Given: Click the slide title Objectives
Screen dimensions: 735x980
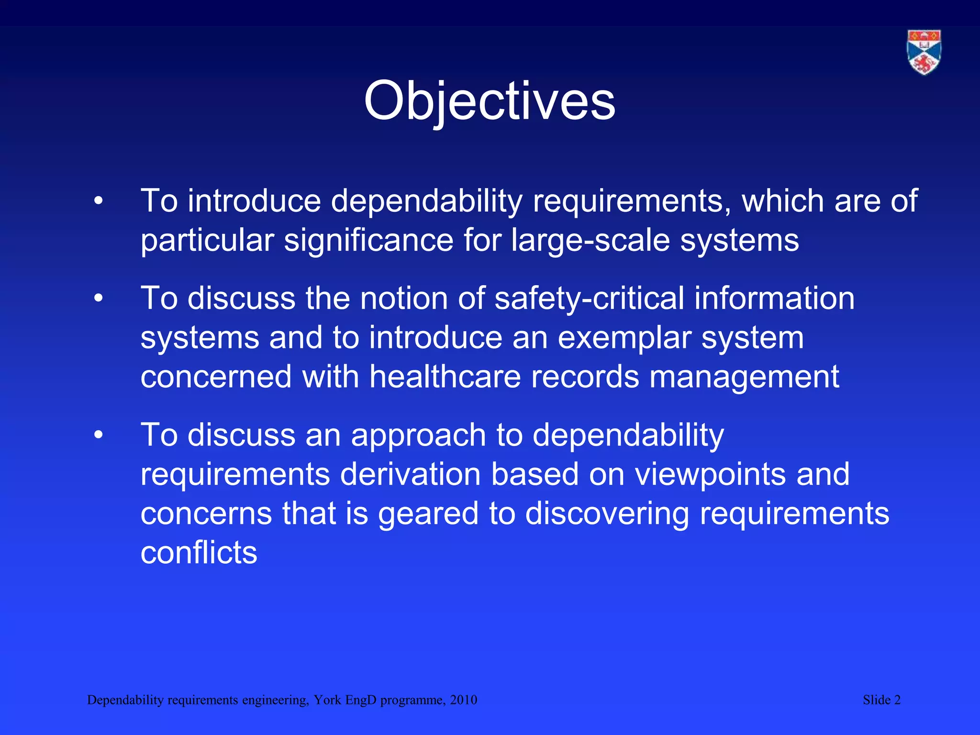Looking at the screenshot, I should (x=489, y=101).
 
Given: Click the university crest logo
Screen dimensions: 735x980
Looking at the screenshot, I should (x=924, y=52).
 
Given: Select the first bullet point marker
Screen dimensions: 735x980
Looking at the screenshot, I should (x=98, y=201).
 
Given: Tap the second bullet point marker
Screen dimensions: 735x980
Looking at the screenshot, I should (x=98, y=299).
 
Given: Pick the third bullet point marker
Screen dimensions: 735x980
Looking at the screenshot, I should (x=98, y=435).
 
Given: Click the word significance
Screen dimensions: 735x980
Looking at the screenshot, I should (x=368, y=240).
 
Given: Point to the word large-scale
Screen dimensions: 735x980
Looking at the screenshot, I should (x=590, y=240).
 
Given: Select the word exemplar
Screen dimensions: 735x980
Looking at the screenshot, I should (x=624, y=338).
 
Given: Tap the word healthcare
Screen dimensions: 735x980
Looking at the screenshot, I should (x=445, y=377).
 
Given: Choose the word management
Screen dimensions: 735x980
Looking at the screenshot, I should (x=744, y=378).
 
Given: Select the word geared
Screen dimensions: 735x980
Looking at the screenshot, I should (x=428, y=514).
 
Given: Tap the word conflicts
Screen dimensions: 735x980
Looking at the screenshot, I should (x=199, y=553).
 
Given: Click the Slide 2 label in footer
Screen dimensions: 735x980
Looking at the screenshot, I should (x=881, y=700).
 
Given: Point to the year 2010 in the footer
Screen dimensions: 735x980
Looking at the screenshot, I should (x=463, y=700).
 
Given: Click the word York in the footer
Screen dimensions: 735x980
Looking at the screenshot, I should (x=327, y=700).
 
